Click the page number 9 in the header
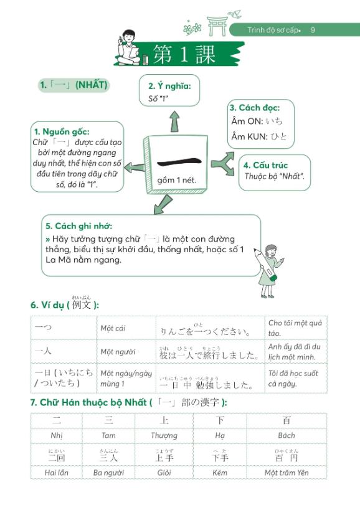(x=313, y=30)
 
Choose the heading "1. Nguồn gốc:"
(x=62, y=131)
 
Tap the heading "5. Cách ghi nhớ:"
(x=78, y=226)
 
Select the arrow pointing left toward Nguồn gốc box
(x=133, y=166)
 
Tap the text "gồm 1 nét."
(x=178, y=181)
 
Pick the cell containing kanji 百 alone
(x=286, y=421)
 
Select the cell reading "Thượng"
(x=164, y=436)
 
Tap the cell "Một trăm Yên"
(x=286, y=473)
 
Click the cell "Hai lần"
(x=57, y=473)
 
